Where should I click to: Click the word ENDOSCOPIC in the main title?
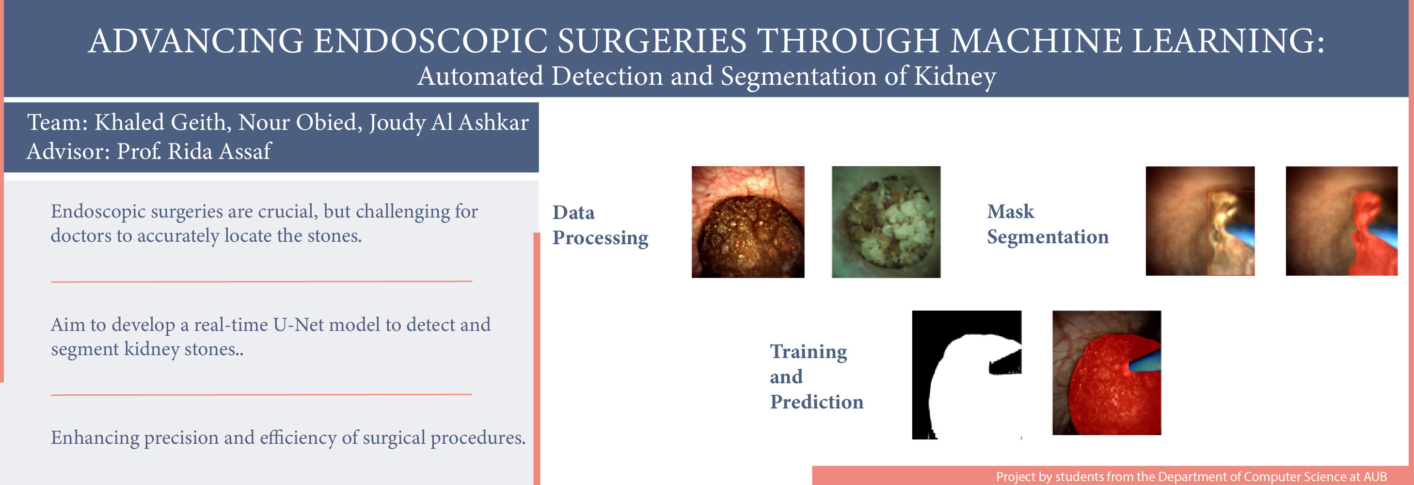click(x=430, y=41)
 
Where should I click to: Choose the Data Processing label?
click(x=600, y=225)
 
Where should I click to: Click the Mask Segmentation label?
click(x=1048, y=224)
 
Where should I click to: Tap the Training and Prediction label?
click(x=816, y=376)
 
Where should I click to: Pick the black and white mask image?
click(x=967, y=375)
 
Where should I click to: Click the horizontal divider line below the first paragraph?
click(x=261, y=282)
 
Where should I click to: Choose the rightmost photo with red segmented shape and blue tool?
click(x=1342, y=221)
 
